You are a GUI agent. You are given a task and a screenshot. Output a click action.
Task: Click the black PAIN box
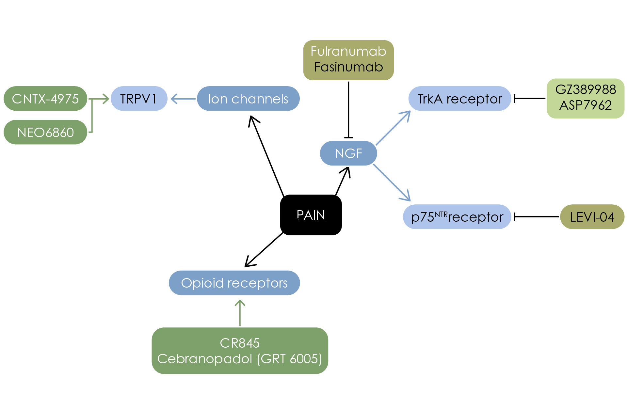[311, 215]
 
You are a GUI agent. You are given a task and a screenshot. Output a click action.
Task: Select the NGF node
[348, 153]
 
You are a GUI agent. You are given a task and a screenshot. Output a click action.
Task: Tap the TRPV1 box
[139, 99]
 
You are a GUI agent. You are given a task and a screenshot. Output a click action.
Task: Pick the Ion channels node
[248, 99]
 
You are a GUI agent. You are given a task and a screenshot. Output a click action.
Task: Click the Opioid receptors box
[234, 283]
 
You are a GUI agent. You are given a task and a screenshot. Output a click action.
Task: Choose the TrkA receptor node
[459, 99]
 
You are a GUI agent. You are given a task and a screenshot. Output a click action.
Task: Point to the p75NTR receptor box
[457, 217]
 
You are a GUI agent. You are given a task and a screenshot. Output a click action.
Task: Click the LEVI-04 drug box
[592, 217]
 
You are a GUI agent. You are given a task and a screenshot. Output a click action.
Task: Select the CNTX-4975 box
[45, 99]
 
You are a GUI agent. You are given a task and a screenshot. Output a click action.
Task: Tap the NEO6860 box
[45, 132]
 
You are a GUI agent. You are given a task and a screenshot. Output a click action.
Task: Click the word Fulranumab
[348, 51]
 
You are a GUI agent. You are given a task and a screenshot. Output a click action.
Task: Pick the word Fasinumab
[348, 67]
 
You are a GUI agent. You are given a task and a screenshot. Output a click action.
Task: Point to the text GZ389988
[586, 89]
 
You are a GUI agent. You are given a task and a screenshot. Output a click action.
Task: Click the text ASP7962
[586, 105]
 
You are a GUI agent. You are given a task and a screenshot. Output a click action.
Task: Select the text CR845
[240, 343]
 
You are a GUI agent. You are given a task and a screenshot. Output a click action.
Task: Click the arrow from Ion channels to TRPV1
[183, 99]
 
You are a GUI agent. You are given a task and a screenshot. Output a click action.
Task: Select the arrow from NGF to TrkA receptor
[393, 128]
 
